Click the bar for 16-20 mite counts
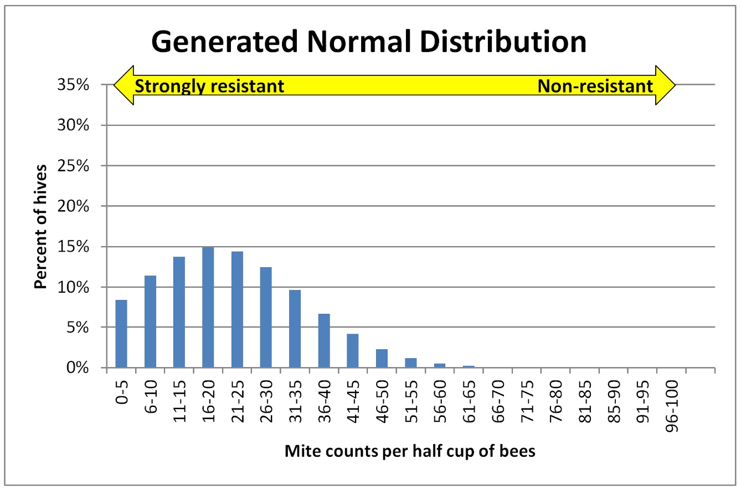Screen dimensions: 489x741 208,307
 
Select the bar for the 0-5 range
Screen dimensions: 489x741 121,333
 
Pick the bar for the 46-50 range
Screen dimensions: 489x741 382,358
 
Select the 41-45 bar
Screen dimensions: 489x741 352,350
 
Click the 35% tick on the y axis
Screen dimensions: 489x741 74,85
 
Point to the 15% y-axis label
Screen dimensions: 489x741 74,247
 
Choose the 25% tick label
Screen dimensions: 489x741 74,166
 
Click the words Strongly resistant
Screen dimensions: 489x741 209,86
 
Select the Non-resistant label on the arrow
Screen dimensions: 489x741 595,86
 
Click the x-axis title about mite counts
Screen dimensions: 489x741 410,451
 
